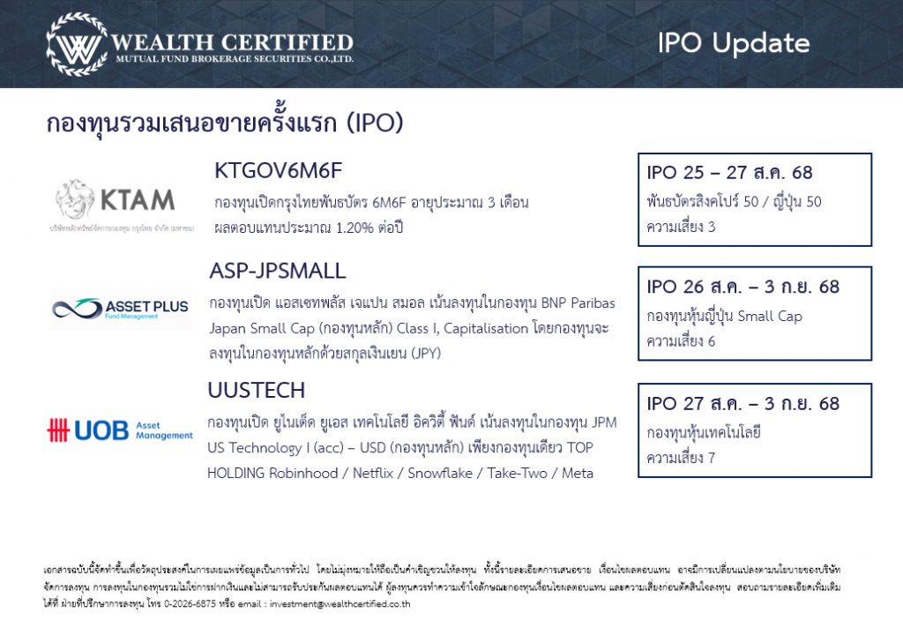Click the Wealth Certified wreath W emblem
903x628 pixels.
(78, 44)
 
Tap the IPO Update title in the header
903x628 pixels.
(734, 43)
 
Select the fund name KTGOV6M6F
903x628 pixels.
(278, 170)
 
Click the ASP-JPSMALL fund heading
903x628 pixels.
(278, 271)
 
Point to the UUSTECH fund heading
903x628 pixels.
(257, 390)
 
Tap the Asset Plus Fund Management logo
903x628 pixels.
(120, 310)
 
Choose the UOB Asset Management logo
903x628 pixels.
(120, 430)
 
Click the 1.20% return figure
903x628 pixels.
(354, 228)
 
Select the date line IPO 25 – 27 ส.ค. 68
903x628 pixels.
(729, 172)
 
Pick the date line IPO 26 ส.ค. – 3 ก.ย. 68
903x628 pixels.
(743, 287)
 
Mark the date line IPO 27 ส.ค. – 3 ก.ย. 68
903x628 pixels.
(743, 403)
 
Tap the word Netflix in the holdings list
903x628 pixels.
(373, 473)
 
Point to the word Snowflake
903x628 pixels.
(440, 473)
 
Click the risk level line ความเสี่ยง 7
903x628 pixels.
(681, 458)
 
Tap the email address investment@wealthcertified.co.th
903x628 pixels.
(340, 604)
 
